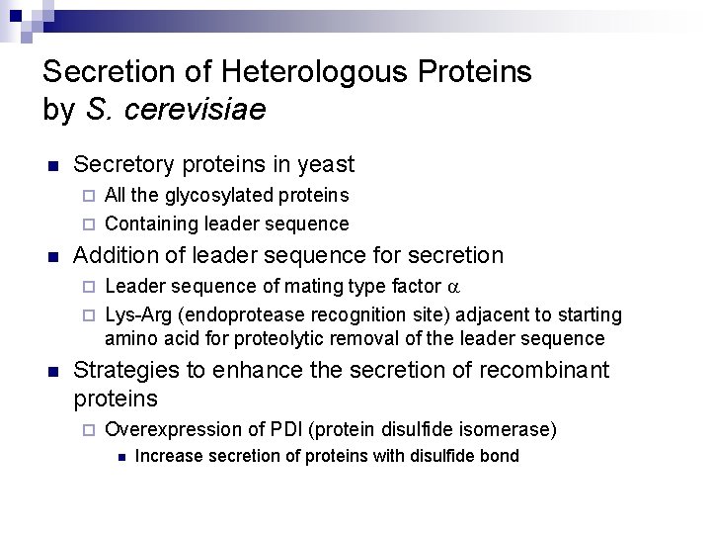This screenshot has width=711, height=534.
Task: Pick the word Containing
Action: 148,223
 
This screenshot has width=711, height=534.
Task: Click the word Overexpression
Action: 163,429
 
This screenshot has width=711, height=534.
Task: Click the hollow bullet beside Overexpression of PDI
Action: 87,430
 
